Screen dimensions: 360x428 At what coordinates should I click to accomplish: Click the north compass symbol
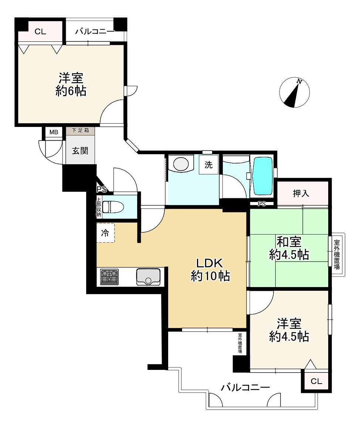click(x=295, y=92)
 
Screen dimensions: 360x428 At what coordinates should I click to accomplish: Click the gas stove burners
click(x=109, y=276)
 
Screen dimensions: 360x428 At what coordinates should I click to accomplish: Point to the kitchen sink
click(x=148, y=277)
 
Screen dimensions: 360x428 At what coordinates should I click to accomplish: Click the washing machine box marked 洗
click(x=208, y=165)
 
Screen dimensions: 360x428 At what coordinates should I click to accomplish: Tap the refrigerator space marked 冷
click(x=105, y=233)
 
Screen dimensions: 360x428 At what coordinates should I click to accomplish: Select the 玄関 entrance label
click(x=80, y=151)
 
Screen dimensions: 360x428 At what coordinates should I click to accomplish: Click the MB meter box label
click(x=54, y=132)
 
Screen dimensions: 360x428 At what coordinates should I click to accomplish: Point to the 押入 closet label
click(x=301, y=193)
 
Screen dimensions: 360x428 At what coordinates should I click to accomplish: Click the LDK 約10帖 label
click(x=210, y=269)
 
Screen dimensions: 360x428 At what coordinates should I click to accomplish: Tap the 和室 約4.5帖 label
click(x=289, y=248)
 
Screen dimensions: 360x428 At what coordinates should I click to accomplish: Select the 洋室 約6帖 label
click(x=71, y=84)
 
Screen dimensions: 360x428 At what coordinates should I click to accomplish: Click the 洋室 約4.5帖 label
click(x=289, y=330)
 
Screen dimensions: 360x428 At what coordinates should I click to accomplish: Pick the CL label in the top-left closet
click(x=40, y=32)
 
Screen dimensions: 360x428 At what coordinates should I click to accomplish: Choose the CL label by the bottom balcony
click(x=316, y=381)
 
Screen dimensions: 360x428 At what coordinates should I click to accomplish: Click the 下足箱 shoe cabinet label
click(x=81, y=130)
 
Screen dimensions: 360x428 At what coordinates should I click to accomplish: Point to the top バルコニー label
click(x=95, y=31)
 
